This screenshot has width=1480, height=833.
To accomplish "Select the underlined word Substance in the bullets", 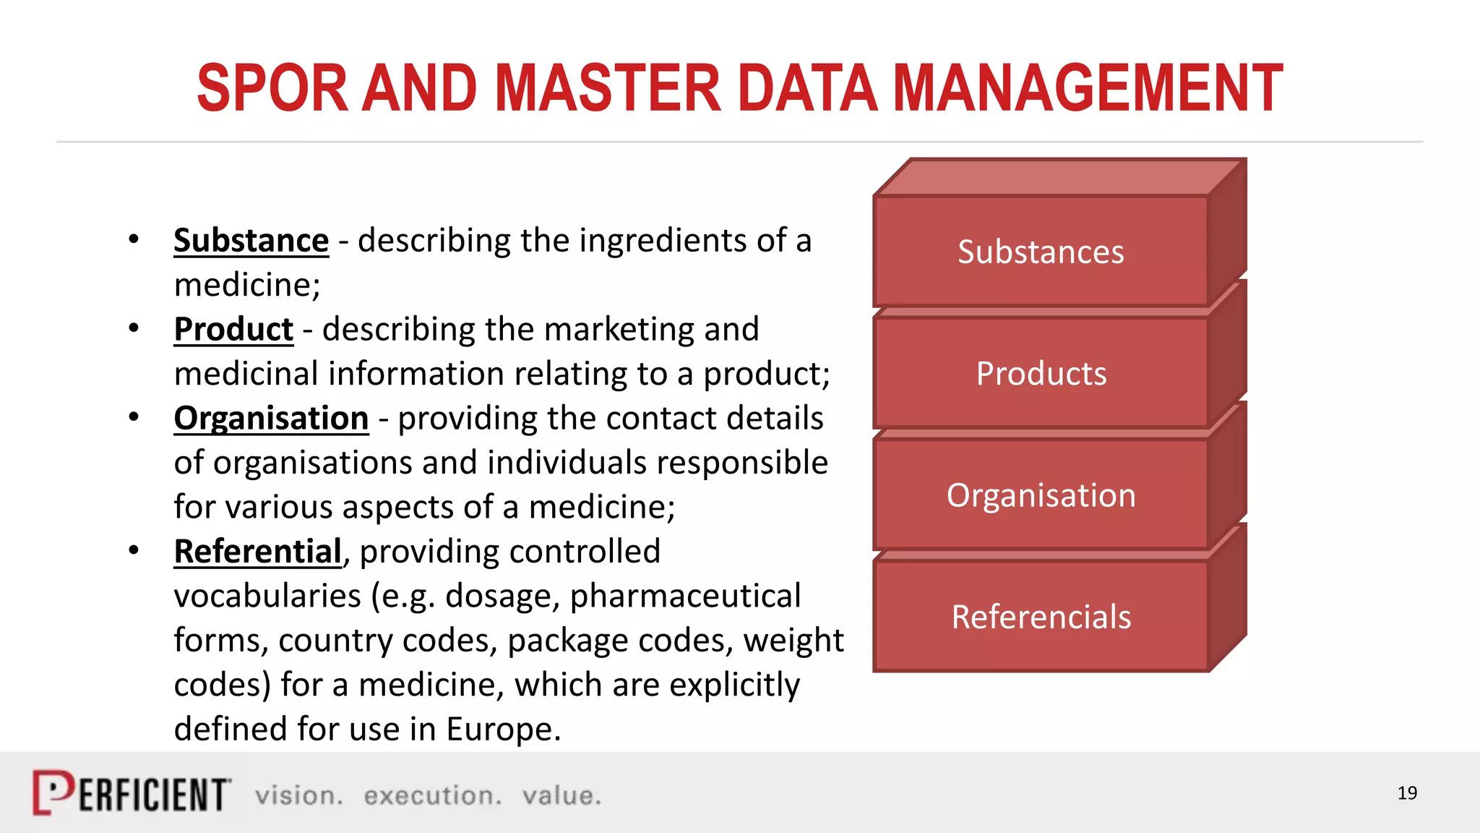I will click(x=251, y=241).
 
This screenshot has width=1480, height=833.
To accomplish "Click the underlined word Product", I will click(x=233, y=330).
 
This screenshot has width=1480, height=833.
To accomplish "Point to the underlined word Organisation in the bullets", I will click(x=271, y=419).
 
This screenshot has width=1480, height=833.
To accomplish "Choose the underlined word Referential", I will click(x=257, y=552).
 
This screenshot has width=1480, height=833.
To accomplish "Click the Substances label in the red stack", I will click(x=1041, y=252).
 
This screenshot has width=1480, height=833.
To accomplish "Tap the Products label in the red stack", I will click(x=1041, y=374).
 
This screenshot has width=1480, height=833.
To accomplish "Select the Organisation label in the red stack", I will click(x=1041, y=496).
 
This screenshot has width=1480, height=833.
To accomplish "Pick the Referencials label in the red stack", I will click(x=1041, y=618).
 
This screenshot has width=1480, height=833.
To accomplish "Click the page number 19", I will click(x=1407, y=793).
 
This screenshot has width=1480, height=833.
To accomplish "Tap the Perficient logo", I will click(x=132, y=793).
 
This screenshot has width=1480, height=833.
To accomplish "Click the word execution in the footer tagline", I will click(x=432, y=795).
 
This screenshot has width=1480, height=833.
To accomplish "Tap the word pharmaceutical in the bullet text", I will click(x=685, y=597).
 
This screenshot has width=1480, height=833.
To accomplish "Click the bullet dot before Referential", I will click(x=134, y=551).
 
